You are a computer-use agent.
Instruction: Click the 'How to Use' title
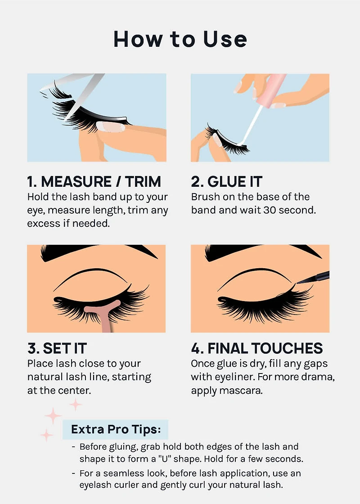click(180, 39)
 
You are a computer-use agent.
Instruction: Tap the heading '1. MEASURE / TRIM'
click(94, 182)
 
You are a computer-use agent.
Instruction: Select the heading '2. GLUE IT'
click(227, 182)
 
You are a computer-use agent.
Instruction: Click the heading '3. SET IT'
click(57, 348)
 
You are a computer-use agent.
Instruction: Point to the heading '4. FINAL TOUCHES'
click(256, 348)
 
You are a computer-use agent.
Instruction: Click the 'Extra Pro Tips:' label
click(116, 429)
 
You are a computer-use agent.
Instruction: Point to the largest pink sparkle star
click(53, 415)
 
